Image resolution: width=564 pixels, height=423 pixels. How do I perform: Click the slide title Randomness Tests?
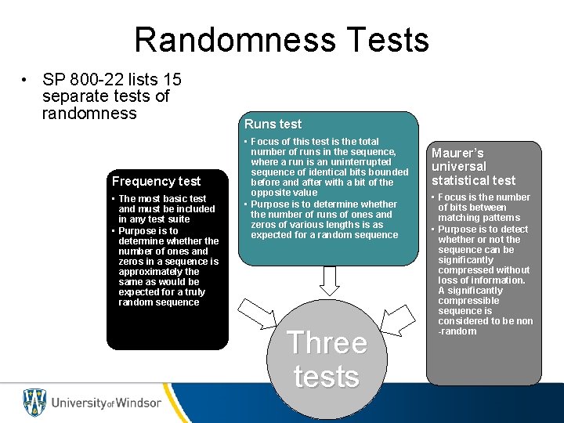tap(281, 40)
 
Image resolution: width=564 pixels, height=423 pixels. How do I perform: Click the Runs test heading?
tap(273, 124)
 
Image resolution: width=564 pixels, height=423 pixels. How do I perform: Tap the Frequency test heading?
tap(156, 181)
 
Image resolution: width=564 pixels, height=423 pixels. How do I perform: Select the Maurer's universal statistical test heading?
tap(473, 167)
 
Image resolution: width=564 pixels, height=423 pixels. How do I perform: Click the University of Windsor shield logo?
tap(34, 403)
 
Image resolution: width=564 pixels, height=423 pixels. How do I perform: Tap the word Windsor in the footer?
tap(138, 403)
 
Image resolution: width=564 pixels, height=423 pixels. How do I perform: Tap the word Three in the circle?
tap(327, 343)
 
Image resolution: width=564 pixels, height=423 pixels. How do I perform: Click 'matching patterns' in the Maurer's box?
tap(479, 218)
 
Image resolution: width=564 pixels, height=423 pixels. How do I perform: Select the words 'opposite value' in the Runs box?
tap(284, 193)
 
